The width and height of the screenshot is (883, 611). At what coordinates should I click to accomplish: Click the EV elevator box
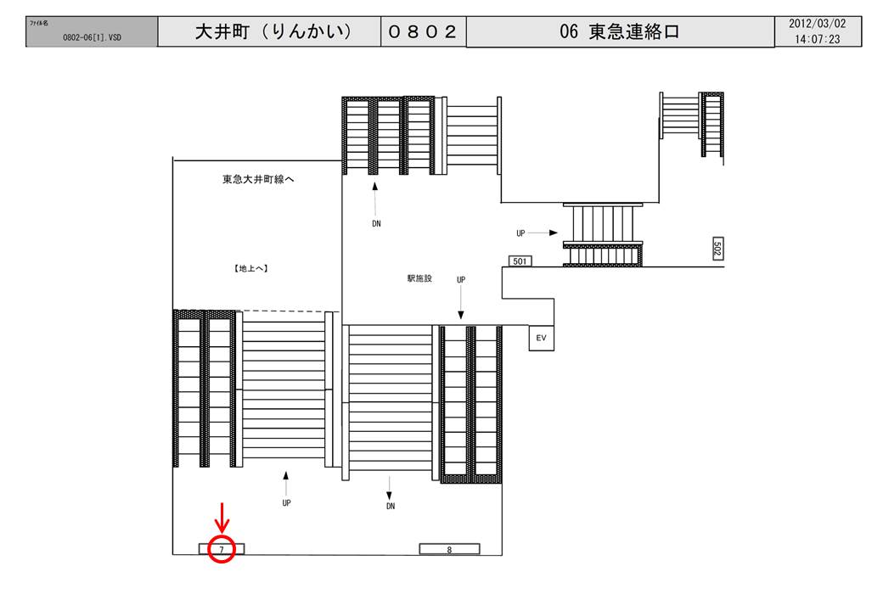tap(540, 338)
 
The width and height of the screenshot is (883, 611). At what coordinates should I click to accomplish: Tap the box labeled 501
tap(520, 261)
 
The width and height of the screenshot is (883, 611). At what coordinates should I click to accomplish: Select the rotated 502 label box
tap(717, 248)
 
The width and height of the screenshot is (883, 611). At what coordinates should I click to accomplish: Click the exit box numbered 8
tap(449, 549)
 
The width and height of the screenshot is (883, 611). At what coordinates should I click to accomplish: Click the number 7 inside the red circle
tap(222, 550)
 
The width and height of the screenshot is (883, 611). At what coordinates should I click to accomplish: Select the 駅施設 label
tap(419, 278)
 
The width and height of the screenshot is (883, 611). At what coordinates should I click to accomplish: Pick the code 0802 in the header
tap(422, 32)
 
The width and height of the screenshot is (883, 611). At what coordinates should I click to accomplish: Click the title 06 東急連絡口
tap(620, 32)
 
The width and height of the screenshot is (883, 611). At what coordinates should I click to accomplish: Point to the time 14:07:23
tap(813, 39)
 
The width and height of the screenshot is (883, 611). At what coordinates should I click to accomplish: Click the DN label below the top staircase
tap(376, 225)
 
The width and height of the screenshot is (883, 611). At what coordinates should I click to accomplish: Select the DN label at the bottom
tap(391, 506)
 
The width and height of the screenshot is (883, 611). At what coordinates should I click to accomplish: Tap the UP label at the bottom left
tap(286, 502)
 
